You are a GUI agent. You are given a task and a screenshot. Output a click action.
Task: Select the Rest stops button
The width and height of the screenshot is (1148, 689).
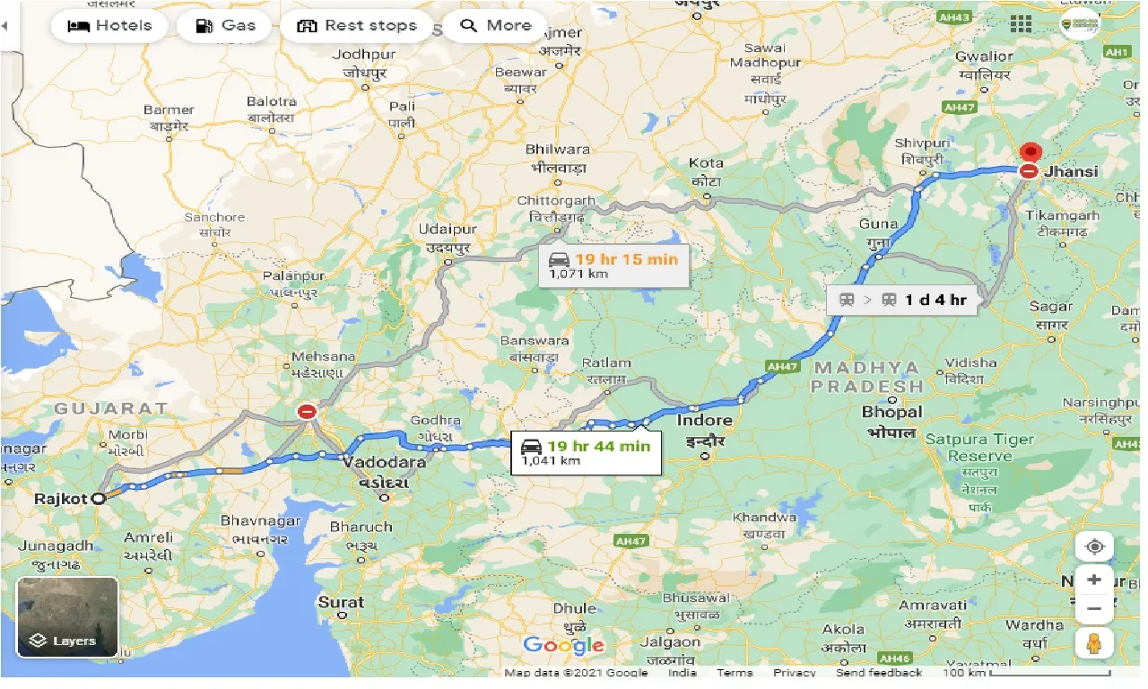357,25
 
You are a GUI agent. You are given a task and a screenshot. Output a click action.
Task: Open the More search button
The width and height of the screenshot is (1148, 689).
495,25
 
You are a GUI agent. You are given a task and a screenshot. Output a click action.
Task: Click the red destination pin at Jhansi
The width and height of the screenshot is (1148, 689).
1031,153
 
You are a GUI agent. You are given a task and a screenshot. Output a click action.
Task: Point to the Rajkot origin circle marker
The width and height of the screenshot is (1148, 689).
101,496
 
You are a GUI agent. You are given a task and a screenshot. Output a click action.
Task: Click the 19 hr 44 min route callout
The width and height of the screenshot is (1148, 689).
587,451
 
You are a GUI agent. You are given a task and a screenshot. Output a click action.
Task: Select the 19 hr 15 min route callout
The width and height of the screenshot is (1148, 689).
613,266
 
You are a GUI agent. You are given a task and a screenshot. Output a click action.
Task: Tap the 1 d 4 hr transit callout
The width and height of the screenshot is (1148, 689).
903,300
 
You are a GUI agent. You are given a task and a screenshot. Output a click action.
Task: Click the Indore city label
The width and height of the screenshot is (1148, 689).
705,420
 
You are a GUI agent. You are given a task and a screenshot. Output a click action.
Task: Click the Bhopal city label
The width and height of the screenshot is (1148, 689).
891,412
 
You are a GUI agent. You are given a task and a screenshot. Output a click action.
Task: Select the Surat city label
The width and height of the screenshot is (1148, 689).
341,602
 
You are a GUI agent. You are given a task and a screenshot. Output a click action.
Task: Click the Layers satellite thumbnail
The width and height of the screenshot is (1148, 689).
67,617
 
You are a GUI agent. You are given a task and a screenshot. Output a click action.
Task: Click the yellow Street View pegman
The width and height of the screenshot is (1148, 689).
1094,642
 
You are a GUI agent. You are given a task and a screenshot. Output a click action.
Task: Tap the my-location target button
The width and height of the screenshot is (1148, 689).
1094,546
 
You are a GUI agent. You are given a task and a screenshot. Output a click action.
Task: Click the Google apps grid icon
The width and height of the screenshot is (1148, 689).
1021,24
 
